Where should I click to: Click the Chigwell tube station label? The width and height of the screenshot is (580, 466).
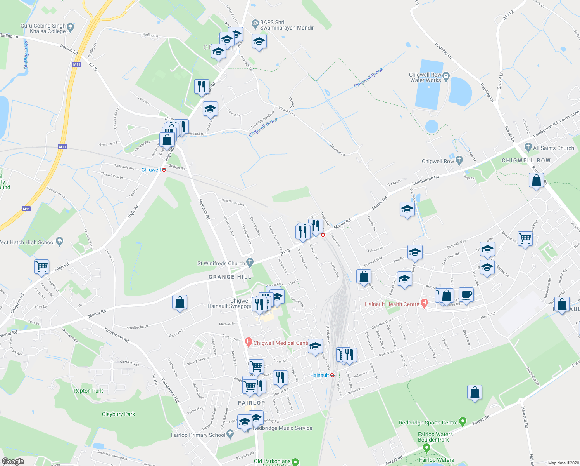coord(151,170)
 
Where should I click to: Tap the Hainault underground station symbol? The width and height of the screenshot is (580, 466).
coord(332,375)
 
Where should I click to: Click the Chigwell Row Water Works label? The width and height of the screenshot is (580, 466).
coord(425,77)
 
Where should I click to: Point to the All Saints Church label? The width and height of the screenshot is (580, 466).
coord(553,148)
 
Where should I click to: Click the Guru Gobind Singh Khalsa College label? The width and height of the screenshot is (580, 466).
coord(43,28)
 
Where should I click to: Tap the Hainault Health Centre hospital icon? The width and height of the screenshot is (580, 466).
coord(425,304)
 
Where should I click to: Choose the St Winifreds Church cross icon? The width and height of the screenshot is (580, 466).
coord(250,263)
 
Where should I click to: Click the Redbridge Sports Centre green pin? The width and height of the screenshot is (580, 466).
coord(463,421)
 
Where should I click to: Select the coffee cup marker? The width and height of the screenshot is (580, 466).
coord(466,294)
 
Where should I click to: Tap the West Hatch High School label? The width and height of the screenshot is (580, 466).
coord(27,242)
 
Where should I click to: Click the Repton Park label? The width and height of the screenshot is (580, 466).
coord(88,391)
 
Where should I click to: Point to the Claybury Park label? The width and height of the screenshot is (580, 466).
coord(118,414)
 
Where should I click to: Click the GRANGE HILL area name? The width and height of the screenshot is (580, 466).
coord(230,277)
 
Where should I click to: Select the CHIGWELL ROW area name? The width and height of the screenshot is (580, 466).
coord(526,160)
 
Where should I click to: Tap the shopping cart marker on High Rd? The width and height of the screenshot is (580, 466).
coord(41,267)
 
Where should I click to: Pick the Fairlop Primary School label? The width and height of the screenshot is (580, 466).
coord(198,435)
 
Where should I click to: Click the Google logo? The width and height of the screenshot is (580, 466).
coord(13,461)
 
